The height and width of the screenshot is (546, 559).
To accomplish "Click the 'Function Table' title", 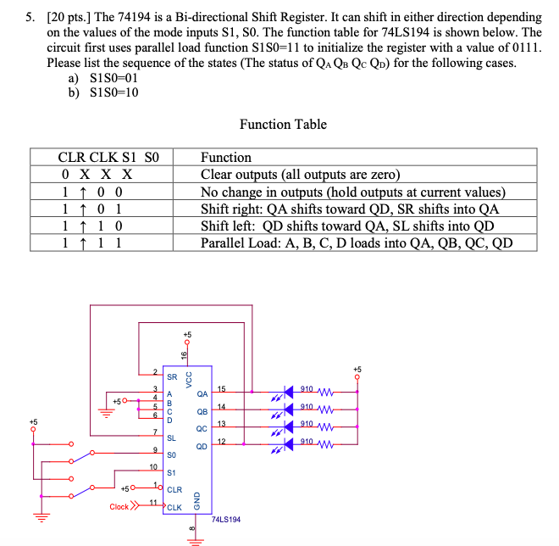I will (283, 125).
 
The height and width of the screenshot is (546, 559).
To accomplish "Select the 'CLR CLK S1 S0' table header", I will (108, 157).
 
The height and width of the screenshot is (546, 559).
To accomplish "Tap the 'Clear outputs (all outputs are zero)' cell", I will (300, 175).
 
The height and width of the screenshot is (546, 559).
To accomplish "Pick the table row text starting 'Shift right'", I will (349, 209).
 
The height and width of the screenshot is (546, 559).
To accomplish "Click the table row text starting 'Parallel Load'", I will (356, 243).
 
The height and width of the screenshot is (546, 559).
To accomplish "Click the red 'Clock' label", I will (119, 507).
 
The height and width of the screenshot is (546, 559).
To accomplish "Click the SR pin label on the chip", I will (172, 376).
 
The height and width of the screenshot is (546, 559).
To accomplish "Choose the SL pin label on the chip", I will (172, 438).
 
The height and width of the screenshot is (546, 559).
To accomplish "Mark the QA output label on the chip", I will (202, 393).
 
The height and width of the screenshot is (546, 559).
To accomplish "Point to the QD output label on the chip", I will (202, 447).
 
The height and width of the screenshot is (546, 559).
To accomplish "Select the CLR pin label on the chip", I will (174, 490).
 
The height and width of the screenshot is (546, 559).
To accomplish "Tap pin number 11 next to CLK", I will (153, 502).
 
